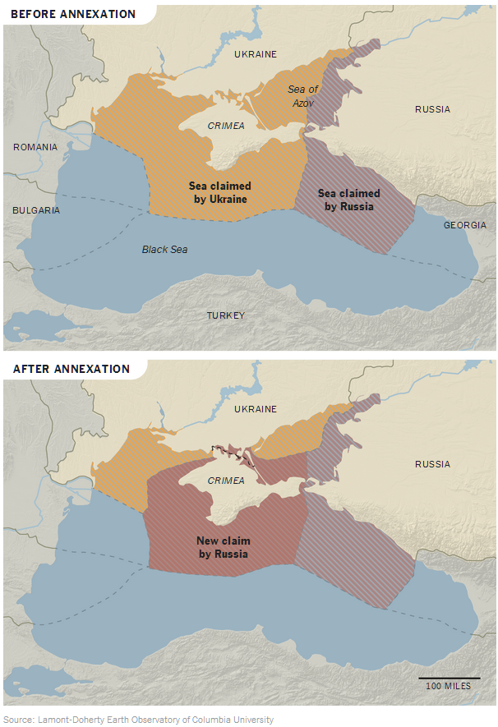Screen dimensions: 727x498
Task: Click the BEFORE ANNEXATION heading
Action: click(73, 14)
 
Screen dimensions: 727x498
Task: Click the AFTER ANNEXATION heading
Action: click(71, 369)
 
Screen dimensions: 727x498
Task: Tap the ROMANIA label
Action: click(35, 147)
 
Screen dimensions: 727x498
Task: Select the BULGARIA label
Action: click(36, 210)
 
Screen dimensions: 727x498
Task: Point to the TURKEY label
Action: click(225, 315)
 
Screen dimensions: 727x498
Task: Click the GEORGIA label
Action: click(464, 225)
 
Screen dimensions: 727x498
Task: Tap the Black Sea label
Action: click(164, 249)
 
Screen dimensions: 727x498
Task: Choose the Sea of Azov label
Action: click(302, 95)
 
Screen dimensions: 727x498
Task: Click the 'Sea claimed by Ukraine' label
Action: click(219, 192)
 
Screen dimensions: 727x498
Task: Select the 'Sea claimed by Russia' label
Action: click(348, 200)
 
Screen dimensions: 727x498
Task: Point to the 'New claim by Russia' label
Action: click(224, 548)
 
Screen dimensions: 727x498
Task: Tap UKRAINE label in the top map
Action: click(256, 54)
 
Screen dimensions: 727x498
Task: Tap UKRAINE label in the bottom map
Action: click(256, 409)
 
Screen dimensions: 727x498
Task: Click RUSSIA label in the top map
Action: click(432, 109)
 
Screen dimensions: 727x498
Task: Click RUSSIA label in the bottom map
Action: click(432, 464)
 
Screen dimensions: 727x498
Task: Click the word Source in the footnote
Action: click(17, 720)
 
